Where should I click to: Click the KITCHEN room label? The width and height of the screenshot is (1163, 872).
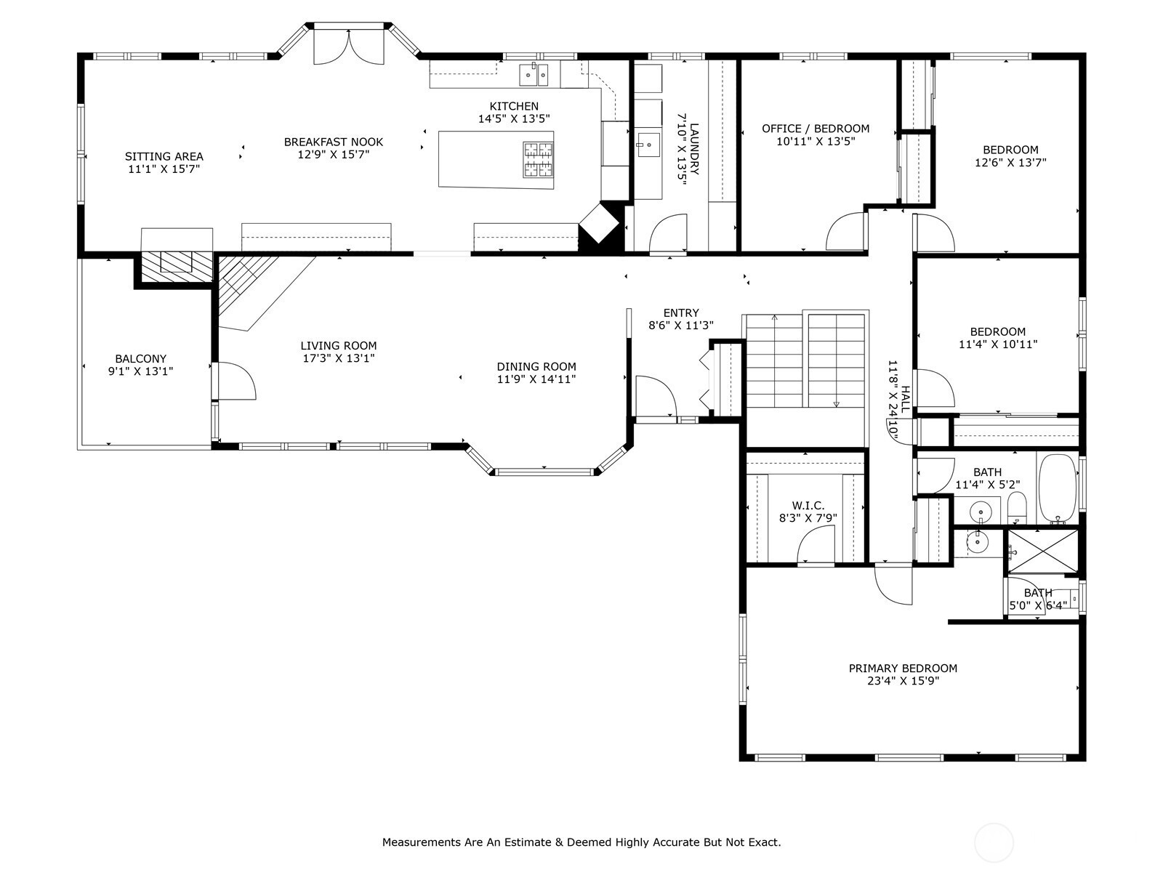point(513,106)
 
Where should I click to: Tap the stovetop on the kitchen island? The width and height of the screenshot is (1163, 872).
point(539,159)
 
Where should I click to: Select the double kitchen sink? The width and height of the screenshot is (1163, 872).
point(533,74)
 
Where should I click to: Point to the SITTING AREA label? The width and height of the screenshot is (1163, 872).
point(164,156)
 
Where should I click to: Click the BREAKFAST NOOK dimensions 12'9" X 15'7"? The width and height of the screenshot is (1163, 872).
point(333,155)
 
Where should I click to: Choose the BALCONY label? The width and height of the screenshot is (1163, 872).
point(141,358)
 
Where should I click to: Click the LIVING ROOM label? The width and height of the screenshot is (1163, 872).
point(339,346)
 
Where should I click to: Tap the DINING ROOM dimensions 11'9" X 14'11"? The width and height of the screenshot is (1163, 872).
point(536,379)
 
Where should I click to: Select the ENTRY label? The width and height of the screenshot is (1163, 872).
point(681,313)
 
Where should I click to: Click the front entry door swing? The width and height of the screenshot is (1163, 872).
point(656,397)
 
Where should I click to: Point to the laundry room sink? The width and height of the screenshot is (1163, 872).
point(648,145)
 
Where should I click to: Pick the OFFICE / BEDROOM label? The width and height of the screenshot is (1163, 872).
point(816,129)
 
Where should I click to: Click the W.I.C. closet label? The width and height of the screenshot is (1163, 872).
point(808,506)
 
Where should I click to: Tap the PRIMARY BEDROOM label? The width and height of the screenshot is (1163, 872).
point(903,668)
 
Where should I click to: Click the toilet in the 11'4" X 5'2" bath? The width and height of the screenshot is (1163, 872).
point(1017,507)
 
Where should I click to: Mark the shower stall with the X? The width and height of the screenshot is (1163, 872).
point(1042,551)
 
